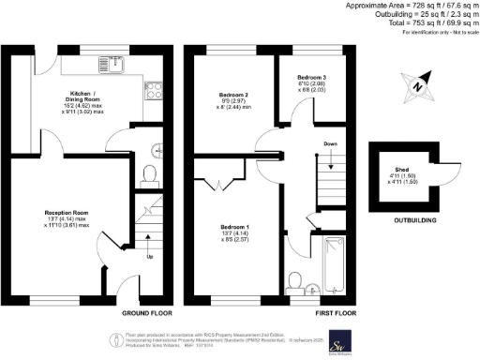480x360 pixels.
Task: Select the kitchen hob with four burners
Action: (153, 91)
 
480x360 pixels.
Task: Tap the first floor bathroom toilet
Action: (295, 280)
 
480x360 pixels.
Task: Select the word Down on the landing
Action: (331, 143)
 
